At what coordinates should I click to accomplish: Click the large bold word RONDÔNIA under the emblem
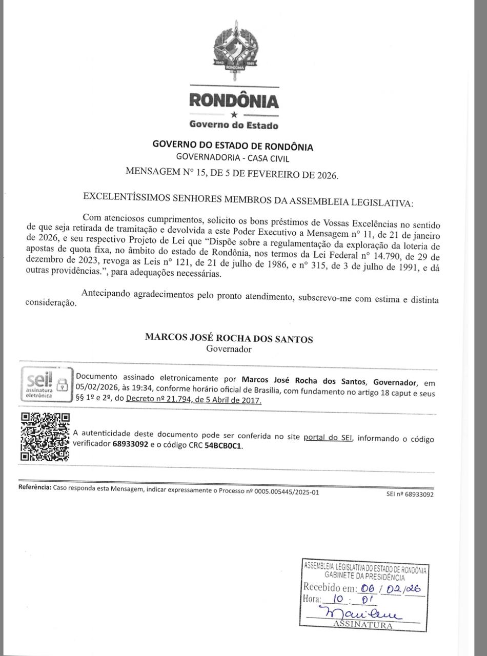234,100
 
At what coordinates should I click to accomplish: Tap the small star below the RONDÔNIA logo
234,115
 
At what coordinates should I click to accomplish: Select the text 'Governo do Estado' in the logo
234,125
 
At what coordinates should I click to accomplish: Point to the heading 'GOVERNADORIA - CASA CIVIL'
232,158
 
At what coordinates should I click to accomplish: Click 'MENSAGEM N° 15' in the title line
163,173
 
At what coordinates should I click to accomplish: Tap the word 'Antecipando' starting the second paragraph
106,294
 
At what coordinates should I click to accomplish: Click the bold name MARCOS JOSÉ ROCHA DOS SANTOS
229,338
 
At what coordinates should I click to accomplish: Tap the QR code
45,437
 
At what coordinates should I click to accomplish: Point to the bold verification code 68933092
130,445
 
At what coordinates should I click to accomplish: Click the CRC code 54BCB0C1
223,445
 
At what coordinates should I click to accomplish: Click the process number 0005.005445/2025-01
279,491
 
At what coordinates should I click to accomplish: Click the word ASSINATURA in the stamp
362,625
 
